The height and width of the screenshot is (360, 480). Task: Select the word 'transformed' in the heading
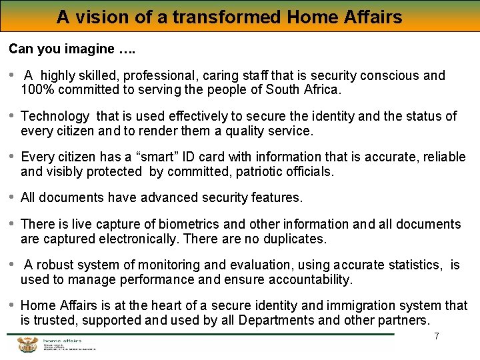click(227, 16)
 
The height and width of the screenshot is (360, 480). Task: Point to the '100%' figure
click(37, 89)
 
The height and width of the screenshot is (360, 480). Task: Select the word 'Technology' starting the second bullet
click(55, 117)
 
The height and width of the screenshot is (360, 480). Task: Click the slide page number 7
click(437, 336)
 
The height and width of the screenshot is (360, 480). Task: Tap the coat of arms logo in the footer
click(27, 344)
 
